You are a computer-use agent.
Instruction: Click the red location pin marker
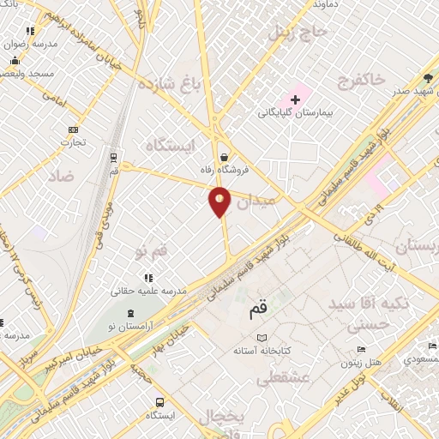(x=219, y=201)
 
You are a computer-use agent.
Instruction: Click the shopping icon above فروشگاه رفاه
(x=224, y=157)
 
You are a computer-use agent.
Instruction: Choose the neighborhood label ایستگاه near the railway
(x=171, y=146)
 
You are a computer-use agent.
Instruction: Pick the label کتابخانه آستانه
(x=263, y=352)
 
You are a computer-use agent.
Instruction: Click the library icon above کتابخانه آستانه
(x=262, y=338)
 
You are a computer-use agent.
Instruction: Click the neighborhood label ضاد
(x=62, y=175)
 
